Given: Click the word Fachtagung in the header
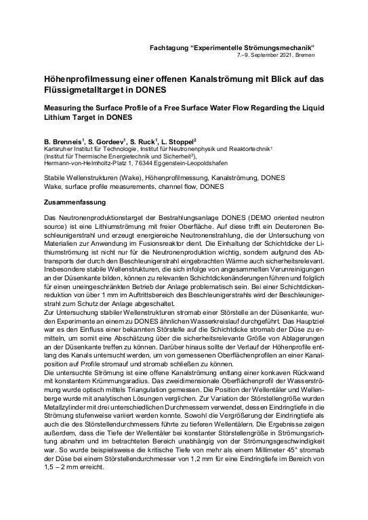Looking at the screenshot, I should click(x=171, y=46).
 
